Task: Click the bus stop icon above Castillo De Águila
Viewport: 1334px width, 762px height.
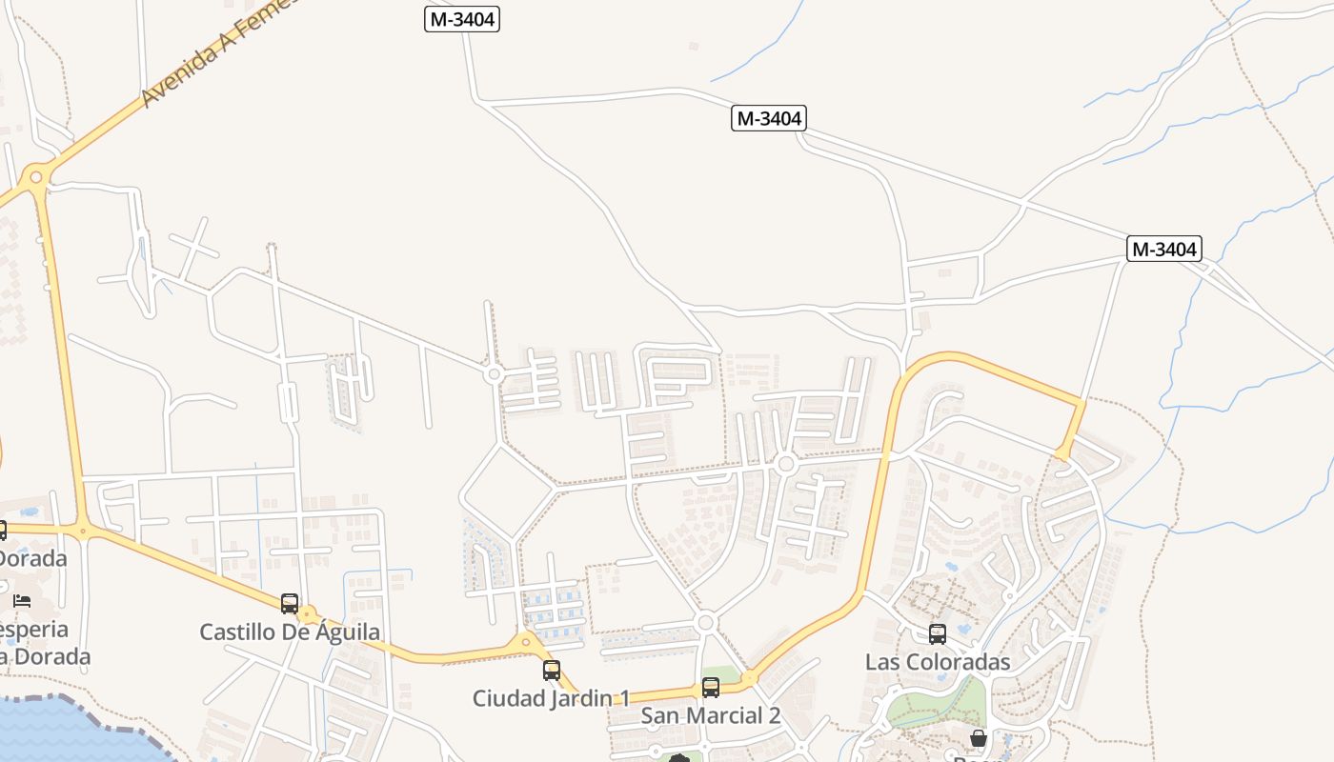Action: pos(290,603)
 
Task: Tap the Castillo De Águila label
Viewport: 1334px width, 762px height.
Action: pos(290,632)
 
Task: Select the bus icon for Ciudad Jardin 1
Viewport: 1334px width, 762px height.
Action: pos(552,670)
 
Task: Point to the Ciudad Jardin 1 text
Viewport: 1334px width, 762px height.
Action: pos(551,698)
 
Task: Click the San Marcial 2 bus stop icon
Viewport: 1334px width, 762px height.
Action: pos(711,687)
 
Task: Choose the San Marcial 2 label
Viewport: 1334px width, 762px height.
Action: pos(711,715)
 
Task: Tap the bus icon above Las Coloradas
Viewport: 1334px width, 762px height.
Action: pos(938,633)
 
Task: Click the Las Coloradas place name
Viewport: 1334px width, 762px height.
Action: pos(938,661)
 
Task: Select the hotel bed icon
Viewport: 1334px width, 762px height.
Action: pos(22,600)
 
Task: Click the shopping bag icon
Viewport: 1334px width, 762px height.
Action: pos(979,737)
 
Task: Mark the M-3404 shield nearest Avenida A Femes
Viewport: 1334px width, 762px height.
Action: pos(462,19)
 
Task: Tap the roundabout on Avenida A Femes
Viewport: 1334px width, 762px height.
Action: pos(36,175)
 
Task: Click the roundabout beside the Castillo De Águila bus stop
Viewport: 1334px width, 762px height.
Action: pos(307,615)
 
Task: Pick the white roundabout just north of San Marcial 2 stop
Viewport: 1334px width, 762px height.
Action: pos(705,622)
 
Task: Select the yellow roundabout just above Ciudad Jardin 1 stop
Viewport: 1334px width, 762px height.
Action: pos(524,644)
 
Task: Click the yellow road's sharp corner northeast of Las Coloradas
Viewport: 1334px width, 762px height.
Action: pos(1082,402)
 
